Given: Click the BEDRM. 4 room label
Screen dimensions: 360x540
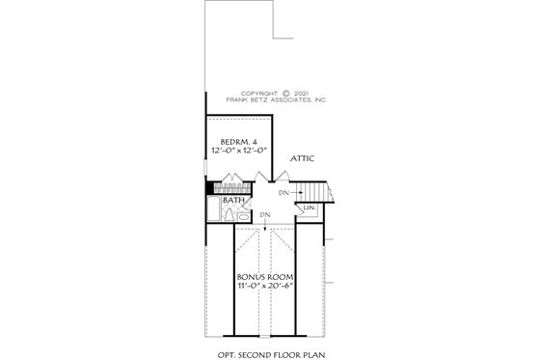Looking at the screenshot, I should click(x=234, y=142).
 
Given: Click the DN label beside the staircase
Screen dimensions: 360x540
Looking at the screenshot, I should click(x=284, y=194).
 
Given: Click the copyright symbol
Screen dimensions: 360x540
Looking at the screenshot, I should click(x=286, y=93).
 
